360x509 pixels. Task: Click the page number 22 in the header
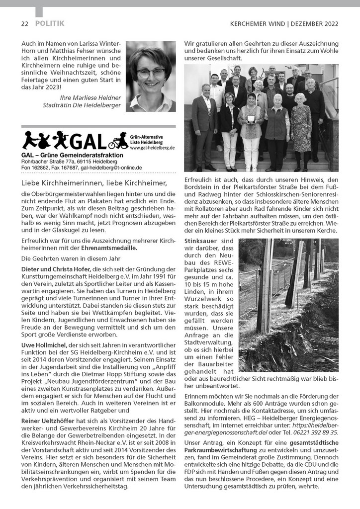click(24, 23)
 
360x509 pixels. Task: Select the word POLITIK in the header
click(50, 23)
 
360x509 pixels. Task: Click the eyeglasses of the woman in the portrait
click(150, 72)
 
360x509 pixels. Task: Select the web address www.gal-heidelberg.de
click(152, 148)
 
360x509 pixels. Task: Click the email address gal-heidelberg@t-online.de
click(111, 168)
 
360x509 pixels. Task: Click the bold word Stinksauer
click(201, 241)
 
